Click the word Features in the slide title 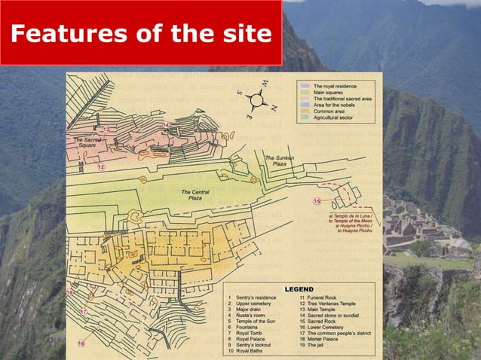pyautogui.click(x=65, y=34)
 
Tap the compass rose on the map pyautogui.click(x=256, y=98)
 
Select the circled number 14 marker pyautogui.click(x=166, y=124)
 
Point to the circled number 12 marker pyautogui.click(x=101, y=167)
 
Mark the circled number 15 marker pyautogui.click(x=317, y=201)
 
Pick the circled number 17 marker pyautogui.click(x=84, y=311)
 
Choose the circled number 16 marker pyautogui.click(x=81, y=343)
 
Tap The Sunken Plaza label pyautogui.click(x=279, y=160)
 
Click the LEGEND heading pyautogui.click(x=299, y=289)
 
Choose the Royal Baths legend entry pyautogui.click(x=253, y=351)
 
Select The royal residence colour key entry pyautogui.click(x=336, y=87)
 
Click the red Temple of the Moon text pyautogui.click(x=352, y=220)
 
